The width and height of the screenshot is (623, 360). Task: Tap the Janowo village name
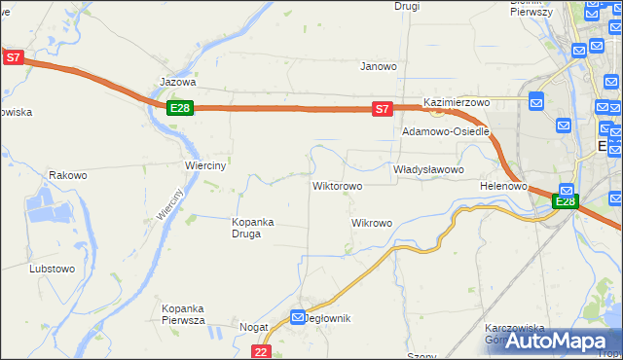coord(379,67)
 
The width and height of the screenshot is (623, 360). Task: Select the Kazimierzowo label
coord(456,102)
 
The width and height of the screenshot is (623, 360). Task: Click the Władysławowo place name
coord(428,169)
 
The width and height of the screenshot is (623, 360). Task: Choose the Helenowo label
coord(503,185)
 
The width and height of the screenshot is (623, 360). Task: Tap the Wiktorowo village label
coord(337,185)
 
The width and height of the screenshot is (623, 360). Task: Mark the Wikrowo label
coord(371,223)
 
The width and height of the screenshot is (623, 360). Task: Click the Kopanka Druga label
coord(253,227)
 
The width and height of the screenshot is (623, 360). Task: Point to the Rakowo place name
coord(68,176)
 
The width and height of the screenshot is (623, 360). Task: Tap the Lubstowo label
coord(53,268)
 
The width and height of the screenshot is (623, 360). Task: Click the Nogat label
coord(253,328)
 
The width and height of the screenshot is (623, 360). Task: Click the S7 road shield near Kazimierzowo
coord(383,110)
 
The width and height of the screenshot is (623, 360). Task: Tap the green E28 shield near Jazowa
coord(179,108)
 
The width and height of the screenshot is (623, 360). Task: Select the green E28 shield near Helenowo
coord(565,201)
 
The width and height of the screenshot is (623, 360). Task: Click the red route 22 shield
coord(260,351)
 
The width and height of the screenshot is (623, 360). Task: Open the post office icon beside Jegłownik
coord(298,316)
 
